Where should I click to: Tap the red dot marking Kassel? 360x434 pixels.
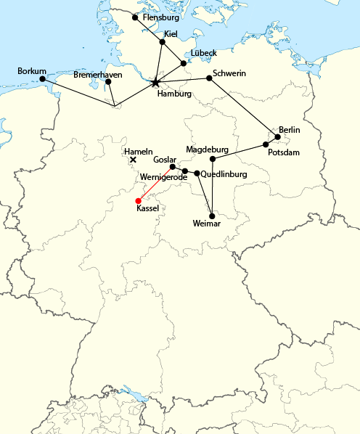click(x=138, y=201)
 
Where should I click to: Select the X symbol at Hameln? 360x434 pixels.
click(x=133, y=160)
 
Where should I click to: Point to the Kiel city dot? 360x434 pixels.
click(x=163, y=42)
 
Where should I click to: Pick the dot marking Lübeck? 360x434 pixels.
click(x=184, y=63)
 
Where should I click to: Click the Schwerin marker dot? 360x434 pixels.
click(x=209, y=78)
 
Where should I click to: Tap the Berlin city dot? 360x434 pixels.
click(x=278, y=136)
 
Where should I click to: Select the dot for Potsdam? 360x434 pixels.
click(x=266, y=145)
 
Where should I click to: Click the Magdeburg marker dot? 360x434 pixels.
click(x=213, y=159)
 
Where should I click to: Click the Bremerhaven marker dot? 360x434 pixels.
click(x=108, y=81)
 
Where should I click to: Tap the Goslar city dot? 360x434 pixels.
click(x=173, y=166)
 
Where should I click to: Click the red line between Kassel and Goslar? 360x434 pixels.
click(x=155, y=184)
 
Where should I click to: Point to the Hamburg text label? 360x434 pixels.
click(x=173, y=94)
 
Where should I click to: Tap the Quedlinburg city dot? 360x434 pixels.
click(x=197, y=173)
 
